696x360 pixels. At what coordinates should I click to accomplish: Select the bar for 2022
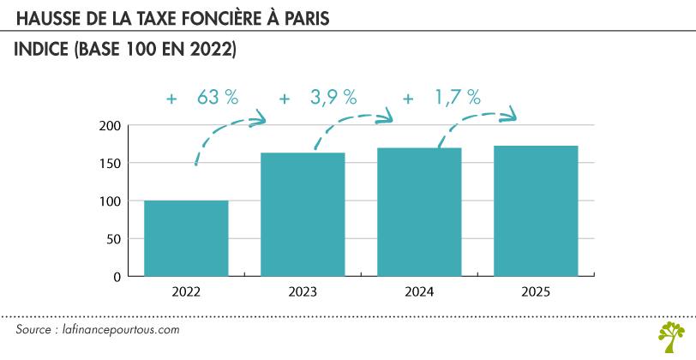click(x=186, y=238)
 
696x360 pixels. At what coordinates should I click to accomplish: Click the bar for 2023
click(x=303, y=214)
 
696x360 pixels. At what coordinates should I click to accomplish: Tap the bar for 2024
click(x=419, y=212)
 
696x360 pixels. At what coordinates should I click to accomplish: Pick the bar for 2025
click(x=536, y=211)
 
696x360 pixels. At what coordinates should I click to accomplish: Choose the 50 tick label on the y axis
click(x=111, y=239)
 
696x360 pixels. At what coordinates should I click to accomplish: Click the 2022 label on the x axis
click(x=186, y=292)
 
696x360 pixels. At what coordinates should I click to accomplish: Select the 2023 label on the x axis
click(x=303, y=292)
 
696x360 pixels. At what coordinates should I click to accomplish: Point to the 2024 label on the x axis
click(x=419, y=292)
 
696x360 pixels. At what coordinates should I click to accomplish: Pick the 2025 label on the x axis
click(x=536, y=292)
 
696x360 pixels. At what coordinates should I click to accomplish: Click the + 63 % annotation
click(x=202, y=98)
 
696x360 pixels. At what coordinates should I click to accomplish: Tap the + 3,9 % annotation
click(x=318, y=98)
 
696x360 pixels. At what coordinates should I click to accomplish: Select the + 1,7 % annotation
click(x=441, y=98)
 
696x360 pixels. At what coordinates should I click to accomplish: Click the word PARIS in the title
click(x=303, y=18)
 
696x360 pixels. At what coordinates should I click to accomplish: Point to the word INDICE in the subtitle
click(x=43, y=51)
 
